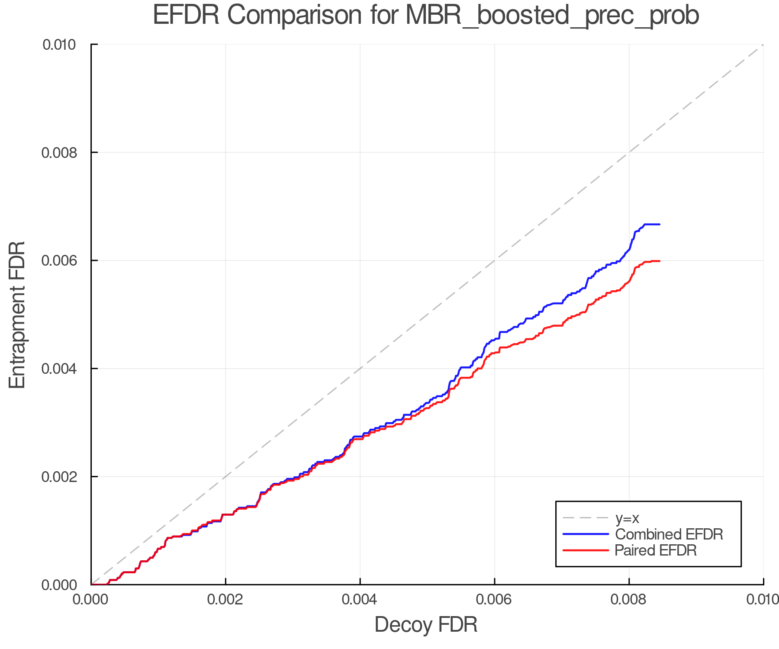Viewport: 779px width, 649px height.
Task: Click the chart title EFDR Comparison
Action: pyautogui.click(x=426, y=15)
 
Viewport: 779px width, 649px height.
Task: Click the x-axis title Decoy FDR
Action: pyautogui.click(x=426, y=625)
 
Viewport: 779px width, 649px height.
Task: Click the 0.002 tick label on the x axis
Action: pyautogui.click(x=225, y=599)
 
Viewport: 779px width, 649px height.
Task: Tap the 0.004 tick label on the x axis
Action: pyautogui.click(x=360, y=599)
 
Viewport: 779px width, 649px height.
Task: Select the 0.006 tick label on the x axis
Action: pyautogui.click(x=495, y=599)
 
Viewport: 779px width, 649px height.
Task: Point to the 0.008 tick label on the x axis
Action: pyautogui.click(x=629, y=599)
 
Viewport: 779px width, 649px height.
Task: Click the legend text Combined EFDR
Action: pyautogui.click(x=669, y=534)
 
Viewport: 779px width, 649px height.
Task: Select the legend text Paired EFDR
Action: pyautogui.click(x=656, y=550)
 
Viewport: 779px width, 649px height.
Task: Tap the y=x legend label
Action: pyautogui.click(x=627, y=518)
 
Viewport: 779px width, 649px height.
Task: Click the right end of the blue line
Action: pyautogui.click(x=659, y=224)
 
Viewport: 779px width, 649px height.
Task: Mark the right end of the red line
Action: pyautogui.click(x=659, y=261)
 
